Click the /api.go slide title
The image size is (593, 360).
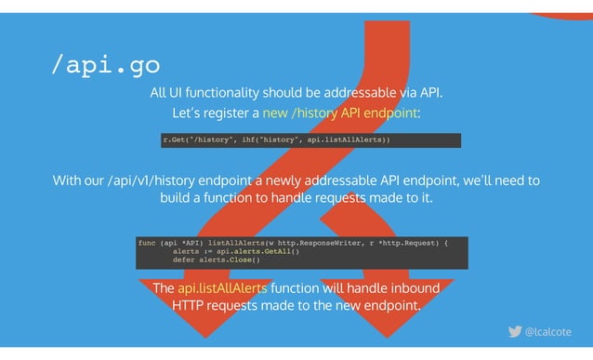(x=106, y=65)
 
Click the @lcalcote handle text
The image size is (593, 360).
(x=548, y=332)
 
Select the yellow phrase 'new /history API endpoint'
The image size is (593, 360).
(x=340, y=113)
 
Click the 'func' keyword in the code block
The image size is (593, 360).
(x=147, y=243)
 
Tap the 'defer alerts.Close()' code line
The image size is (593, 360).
(x=216, y=260)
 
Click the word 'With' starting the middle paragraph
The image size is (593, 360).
(x=68, y=180)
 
